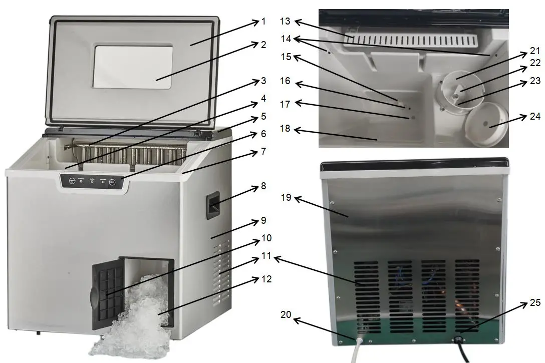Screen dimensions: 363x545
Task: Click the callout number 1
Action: [x=263, y=22]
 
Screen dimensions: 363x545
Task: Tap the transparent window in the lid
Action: [x=133, y=67]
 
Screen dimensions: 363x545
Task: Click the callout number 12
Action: [x=266, y=279]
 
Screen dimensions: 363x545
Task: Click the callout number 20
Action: [x=300, y=314]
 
